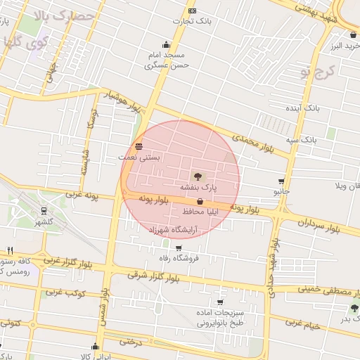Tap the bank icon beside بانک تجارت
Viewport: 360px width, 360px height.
coord(193,11)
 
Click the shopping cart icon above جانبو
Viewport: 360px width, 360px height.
coord(281,181)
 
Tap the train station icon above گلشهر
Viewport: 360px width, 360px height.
coord(45,210)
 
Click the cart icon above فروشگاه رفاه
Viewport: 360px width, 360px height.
coord(179,247)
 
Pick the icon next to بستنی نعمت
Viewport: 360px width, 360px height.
coord(138,146)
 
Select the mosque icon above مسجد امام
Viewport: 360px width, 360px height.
coord(166,44)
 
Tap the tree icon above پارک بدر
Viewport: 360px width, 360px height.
coord(354,308)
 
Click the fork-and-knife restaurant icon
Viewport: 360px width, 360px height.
coord(10,250)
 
